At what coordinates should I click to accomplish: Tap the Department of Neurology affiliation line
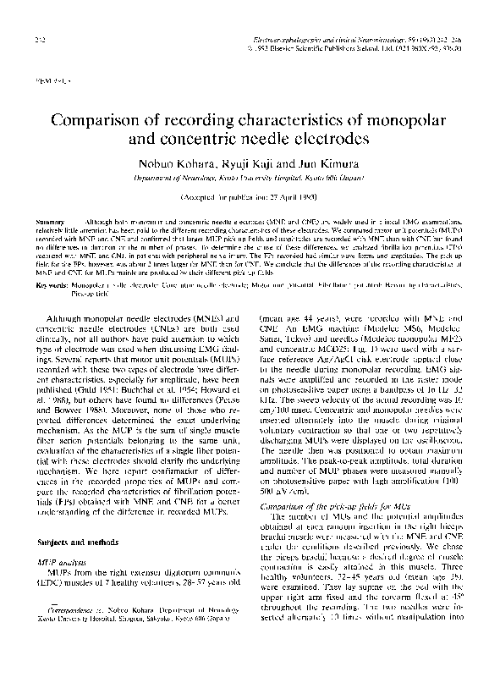click(x=250, y=179)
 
